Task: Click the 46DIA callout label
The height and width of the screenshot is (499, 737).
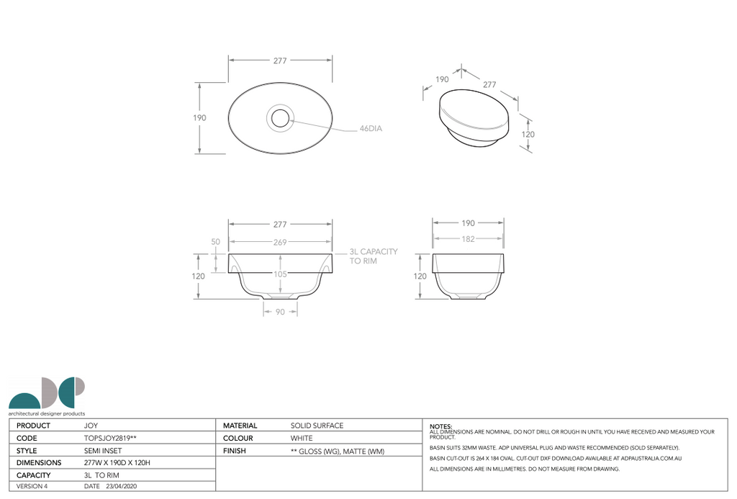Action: point(371,129)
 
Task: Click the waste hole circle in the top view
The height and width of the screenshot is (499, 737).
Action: point(280,117)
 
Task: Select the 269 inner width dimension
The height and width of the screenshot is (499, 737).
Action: point(280,242)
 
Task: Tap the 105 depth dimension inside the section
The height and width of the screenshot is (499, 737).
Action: point(280,274)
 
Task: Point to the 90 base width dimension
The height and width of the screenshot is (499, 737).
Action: point(280,312)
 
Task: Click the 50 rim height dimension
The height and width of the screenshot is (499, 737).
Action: point(215,242)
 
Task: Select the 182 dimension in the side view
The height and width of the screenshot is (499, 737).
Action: point(468,239)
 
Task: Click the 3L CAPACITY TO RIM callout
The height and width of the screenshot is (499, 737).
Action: point(373,256)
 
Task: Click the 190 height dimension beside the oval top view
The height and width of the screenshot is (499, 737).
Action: point(199,118)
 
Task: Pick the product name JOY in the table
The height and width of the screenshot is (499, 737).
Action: point(91,426)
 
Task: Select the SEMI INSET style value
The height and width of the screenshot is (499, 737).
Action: point(103,451)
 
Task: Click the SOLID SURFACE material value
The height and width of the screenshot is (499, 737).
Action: point(317,426)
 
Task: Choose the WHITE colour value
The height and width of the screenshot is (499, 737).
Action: point(301,438)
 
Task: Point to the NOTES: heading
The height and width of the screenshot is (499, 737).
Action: point(440,426)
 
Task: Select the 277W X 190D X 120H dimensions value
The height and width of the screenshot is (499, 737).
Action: point(117,463)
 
